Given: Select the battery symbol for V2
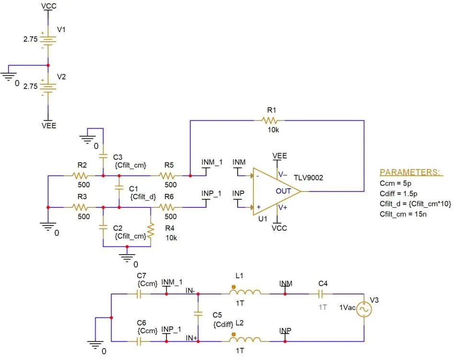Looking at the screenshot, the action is pos(48,87).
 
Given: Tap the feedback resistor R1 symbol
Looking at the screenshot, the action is pos(270,120).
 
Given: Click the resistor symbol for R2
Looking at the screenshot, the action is pos(80,176).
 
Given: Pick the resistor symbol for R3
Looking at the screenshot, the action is pos(80,207).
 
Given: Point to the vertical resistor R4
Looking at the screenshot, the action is pos(150,231).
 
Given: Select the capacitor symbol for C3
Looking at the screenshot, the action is pos(103,156).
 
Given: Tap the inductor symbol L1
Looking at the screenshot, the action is pos(245,291).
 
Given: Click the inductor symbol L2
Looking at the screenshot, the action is pos(245,338).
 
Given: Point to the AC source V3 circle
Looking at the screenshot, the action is pos(364,309).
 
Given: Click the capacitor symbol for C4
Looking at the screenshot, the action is pos(320,294).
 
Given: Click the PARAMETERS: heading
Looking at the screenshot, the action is pos(410,172).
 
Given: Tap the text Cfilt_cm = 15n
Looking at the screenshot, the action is pos(403,214).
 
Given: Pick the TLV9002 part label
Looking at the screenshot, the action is pos(308,178).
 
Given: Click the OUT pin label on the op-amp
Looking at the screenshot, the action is pos(283,191).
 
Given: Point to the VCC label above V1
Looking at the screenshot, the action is pos(49,6).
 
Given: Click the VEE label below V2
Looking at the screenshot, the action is pos(49,125).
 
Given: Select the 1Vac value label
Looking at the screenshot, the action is pos(347,307).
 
